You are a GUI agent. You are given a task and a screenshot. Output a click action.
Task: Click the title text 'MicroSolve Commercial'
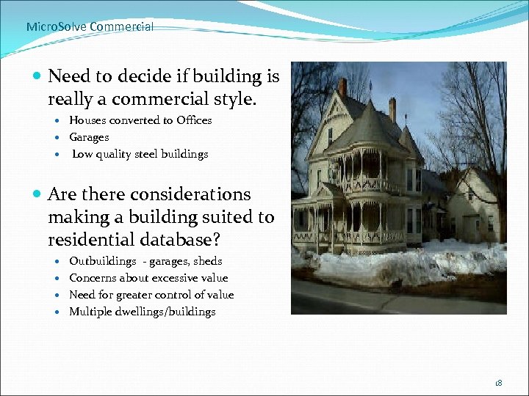click(90, 26)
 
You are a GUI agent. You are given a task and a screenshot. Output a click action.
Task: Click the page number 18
click(499, 382)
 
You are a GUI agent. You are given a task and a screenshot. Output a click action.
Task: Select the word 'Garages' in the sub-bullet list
click(89, 137)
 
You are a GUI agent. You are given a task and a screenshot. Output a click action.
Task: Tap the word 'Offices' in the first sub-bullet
click(194, 120)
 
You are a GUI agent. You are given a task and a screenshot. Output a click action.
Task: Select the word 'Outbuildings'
click(103, 261)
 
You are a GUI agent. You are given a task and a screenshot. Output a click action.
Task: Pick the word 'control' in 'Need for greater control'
click(167, 295)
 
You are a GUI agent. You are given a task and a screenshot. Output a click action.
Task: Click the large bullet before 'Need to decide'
click(37, 76)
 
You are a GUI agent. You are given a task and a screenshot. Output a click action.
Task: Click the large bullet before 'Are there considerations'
click(37, 195)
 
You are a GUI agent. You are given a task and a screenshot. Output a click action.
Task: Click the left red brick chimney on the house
click(342, 87)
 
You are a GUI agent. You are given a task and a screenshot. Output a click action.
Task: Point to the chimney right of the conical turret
click(392, 109)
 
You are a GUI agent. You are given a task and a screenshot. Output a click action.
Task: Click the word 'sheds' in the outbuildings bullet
click(207, 261)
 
